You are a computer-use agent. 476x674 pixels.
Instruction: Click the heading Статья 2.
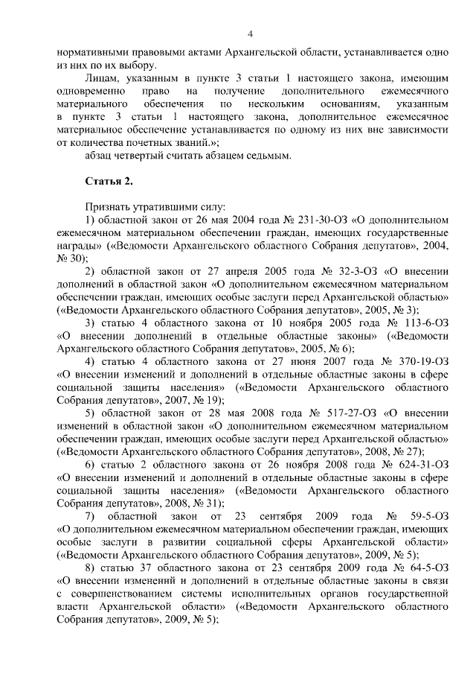[x=109, y=181]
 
